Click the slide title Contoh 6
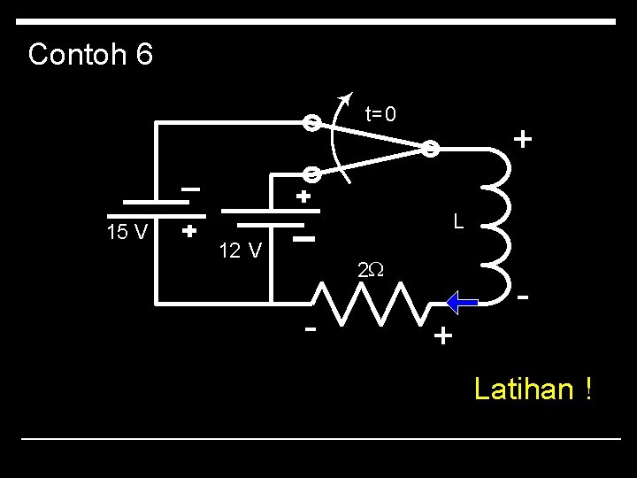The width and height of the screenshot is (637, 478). (90, 55)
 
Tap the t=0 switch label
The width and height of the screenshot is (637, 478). (380, 114)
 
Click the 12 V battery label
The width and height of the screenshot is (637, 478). (240, 251)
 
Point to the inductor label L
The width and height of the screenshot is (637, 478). (458, 220)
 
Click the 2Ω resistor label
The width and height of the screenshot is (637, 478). (370, 270)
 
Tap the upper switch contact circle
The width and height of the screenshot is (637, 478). (311, 123)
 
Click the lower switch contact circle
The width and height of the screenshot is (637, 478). (311, 175)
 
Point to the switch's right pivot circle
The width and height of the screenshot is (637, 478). (428, 149)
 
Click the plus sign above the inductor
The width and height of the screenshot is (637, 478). (523, 140)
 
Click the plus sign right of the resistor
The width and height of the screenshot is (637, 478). (442, 336)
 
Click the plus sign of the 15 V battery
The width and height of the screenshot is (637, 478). (188, 232)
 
